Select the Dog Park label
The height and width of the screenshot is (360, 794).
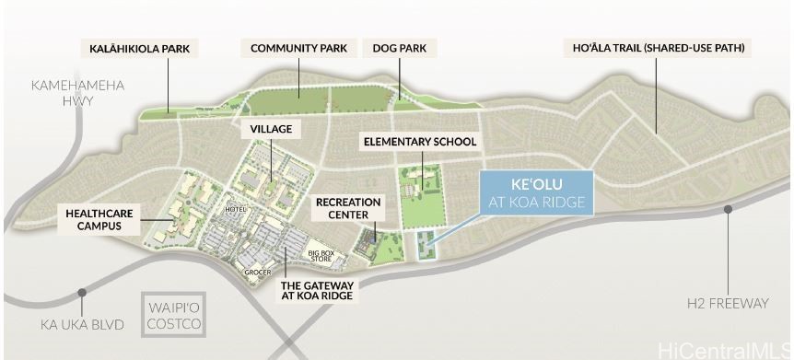pos(399,48)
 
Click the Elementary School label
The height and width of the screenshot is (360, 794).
pos(420,142)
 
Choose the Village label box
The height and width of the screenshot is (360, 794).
pos(265,131)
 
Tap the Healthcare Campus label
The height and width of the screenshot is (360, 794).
pos(99,219)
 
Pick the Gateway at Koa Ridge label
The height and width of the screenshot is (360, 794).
pos(316,290)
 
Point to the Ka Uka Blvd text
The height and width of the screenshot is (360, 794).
pos(80,324)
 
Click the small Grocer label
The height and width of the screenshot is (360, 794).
pos(257,272)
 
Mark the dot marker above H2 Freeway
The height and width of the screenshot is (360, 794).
pos(728,209)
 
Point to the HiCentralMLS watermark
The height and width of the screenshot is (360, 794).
pos(722,349)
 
